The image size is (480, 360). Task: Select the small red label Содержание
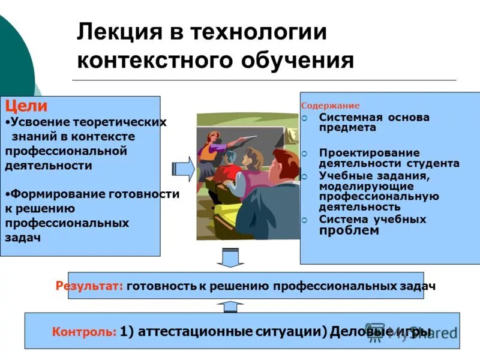[x=330, y=106]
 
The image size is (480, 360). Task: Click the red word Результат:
[x=89, y=286]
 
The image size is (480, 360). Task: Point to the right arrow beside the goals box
[x=184, y=169]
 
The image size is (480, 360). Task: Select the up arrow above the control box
[x=228, y=306]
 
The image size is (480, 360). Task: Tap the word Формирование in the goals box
[x=52, y=194]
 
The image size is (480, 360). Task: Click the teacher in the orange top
[x=209, y=150]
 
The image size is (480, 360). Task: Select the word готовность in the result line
[x=161, y=286]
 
